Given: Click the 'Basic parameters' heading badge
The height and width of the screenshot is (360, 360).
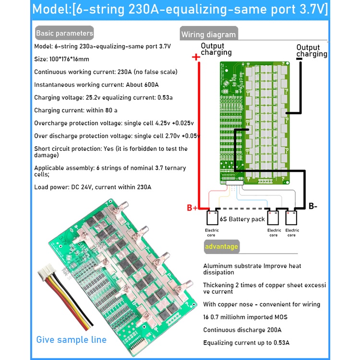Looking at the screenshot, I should [x=64, y=34].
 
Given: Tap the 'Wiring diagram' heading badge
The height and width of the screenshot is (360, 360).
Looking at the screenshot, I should [x=208, y=34].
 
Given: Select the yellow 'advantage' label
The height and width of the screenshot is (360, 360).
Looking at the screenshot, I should [x=221, y=247].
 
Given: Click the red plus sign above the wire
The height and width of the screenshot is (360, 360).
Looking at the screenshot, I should [x=195, y=57].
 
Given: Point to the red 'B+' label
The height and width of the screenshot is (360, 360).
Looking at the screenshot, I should [x=192, y=208].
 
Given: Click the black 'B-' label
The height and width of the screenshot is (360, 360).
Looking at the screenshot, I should [x=313, y=206].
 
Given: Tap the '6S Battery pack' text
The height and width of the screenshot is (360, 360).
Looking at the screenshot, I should [x=242, y=219].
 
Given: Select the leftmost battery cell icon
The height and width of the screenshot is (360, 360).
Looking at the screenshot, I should [x=212, y=218].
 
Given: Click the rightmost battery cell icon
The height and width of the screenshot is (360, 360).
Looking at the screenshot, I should [x=292, y=218].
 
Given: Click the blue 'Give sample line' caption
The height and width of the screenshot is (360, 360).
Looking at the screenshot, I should [x=71, y=339].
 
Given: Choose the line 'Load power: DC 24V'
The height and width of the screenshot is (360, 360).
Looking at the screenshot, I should [x=93, y=187].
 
